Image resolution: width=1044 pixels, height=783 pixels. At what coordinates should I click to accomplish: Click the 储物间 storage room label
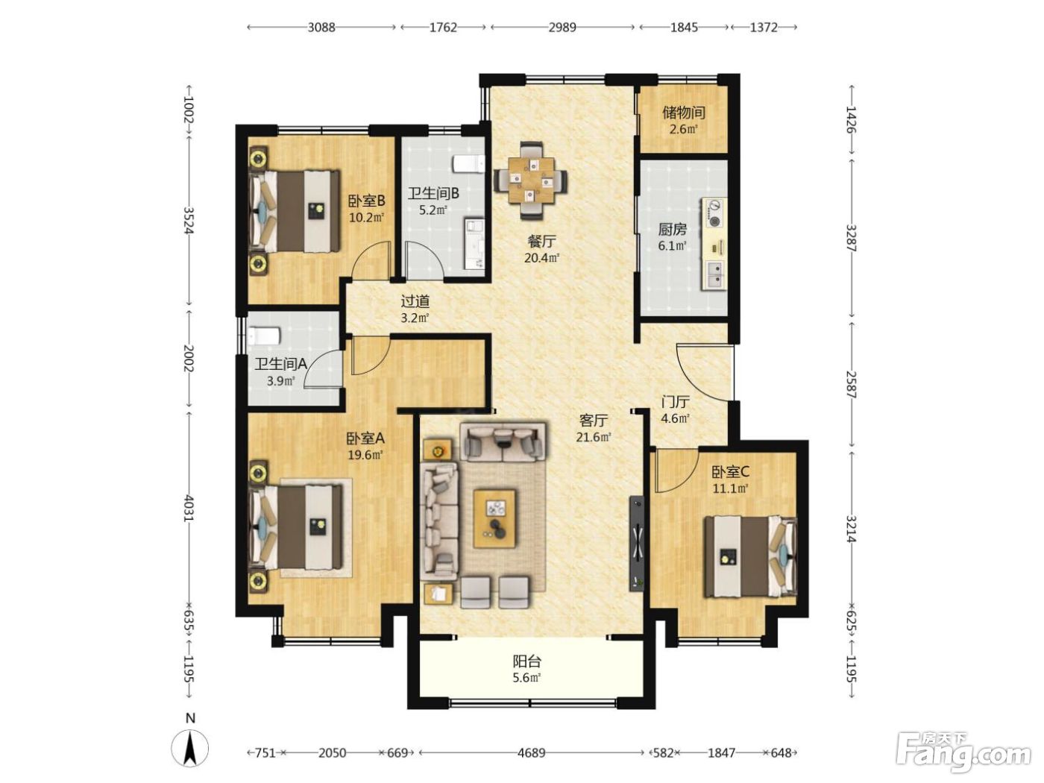pos(684,113)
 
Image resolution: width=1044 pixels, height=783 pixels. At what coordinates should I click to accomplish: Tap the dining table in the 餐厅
pos(531,180)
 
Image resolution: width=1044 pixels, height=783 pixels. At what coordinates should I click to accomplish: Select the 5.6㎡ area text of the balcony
pos(526,677)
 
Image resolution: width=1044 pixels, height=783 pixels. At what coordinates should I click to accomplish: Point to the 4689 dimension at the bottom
pos(531,752)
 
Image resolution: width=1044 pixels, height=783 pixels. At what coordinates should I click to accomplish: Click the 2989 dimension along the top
pos(562,27)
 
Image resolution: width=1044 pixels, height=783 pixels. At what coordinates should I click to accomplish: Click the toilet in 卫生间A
pos(265,336)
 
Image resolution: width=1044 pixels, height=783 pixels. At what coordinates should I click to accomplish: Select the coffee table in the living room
pos(494,519)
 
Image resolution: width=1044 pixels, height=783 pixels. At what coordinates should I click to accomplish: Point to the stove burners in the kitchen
pos(714,213)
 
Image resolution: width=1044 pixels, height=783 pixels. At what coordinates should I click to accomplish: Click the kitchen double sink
pos(715,275)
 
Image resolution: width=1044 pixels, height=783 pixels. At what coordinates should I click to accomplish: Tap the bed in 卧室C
pos(750,557)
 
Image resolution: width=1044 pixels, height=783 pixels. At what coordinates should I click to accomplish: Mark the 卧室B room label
pos(366,201)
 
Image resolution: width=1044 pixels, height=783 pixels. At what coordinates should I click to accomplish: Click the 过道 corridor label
pos(415,301)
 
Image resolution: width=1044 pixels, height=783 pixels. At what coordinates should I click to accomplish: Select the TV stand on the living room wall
pos(637,543)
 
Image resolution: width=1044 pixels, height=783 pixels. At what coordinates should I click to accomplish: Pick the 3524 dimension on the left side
pos(189,221)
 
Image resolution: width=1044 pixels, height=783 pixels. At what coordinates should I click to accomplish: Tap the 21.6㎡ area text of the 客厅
pos(593,436)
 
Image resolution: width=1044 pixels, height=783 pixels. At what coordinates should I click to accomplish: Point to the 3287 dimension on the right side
pos(851,238)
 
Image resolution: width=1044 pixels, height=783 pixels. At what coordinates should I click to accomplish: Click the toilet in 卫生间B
pos(468,164)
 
